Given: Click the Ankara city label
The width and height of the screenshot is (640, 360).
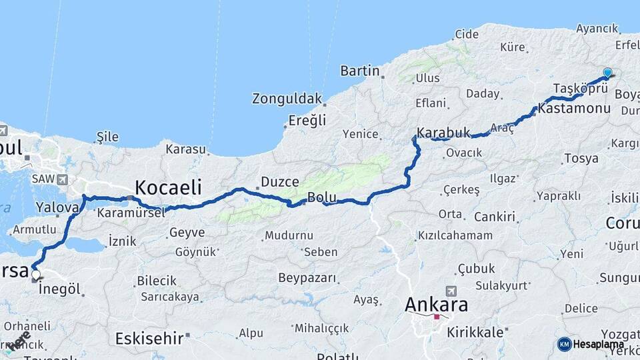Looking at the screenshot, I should pyautogui.click(x=436, y=305).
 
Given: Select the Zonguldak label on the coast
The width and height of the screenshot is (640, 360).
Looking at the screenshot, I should pyautogui.click(x=287, y=99).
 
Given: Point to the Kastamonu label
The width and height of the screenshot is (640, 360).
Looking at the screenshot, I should pyautogui.click(x=574, y=108).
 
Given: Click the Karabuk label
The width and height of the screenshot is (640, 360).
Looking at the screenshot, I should pyautogui.click(x=443, y=132).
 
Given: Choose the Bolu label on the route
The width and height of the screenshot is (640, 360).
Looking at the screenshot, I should pyautogui.click(x=321, y=197).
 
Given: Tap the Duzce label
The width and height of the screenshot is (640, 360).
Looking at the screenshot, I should pyautogui.click(x=279, y=181).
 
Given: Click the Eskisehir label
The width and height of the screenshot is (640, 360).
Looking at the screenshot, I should pyautogui.click(x=149, y=338).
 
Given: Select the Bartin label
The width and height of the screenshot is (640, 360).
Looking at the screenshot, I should pyautogui.click(x=359, y=71).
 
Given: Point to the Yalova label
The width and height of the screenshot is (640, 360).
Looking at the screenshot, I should pyautogui.click(x=57, y=207).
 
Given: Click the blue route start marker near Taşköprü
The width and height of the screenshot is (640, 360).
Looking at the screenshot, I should pyautogui.click(x=607, y=73).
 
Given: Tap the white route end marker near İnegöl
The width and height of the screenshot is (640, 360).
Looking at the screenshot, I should pyautogui.click(x=35, y=274).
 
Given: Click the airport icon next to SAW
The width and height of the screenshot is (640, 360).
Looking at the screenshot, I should pyautogui.click(x=63, y=179).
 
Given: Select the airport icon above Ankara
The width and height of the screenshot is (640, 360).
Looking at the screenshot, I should pyautogui.click(x=452, y=291).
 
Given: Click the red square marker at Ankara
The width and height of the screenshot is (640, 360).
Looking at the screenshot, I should pyautogui.click(x=437, y=317).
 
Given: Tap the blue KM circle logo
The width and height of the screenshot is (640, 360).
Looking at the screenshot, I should pyautogui.click(x=564, y=344).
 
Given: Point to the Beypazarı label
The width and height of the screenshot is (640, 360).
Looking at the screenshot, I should pyautogui.click(x=307, y=278).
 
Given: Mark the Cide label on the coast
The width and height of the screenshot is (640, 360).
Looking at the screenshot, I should pyautogui.click(x=467, y=34).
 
